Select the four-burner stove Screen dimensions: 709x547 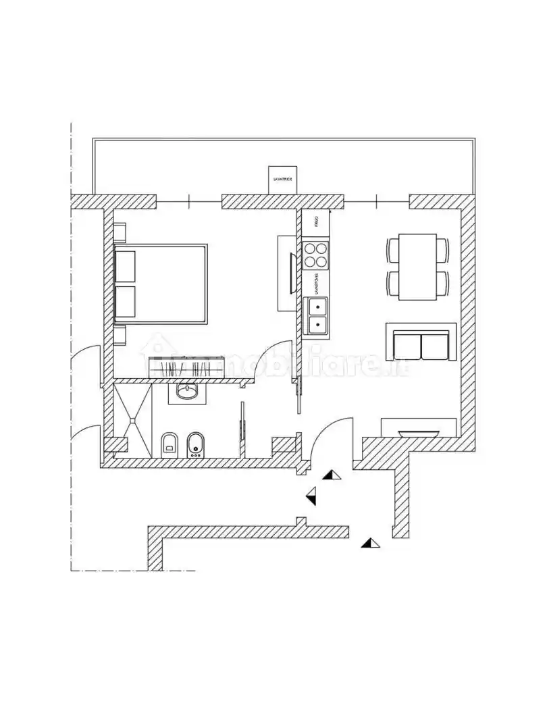point(315,255)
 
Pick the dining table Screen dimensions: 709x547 point(417,267)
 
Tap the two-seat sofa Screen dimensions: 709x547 point(421,343)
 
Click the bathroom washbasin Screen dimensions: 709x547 point(186,392)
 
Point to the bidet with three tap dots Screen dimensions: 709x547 point(196,444)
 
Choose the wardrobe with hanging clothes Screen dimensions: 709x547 point(186,368)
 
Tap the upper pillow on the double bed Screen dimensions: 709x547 point(125,266)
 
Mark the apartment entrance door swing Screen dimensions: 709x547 point(331,439)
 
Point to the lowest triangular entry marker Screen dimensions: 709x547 point(370,542)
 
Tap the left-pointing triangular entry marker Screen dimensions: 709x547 point(311,496)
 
